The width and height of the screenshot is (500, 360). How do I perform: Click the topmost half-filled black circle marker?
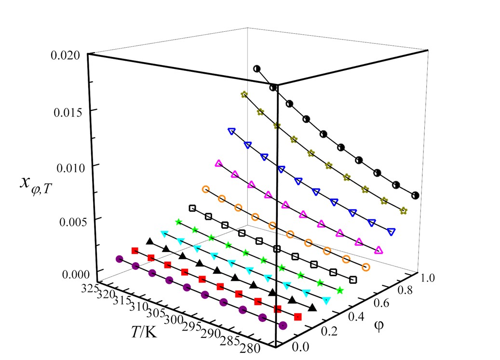coord(257,69)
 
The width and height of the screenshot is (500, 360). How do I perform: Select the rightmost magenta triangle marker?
coord(378,250)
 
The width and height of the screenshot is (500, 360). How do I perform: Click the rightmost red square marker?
coord(297,317)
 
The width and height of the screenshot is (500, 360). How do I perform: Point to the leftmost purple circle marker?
coord(119,259)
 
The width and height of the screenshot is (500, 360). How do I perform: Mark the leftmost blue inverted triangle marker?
coord(231,131)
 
